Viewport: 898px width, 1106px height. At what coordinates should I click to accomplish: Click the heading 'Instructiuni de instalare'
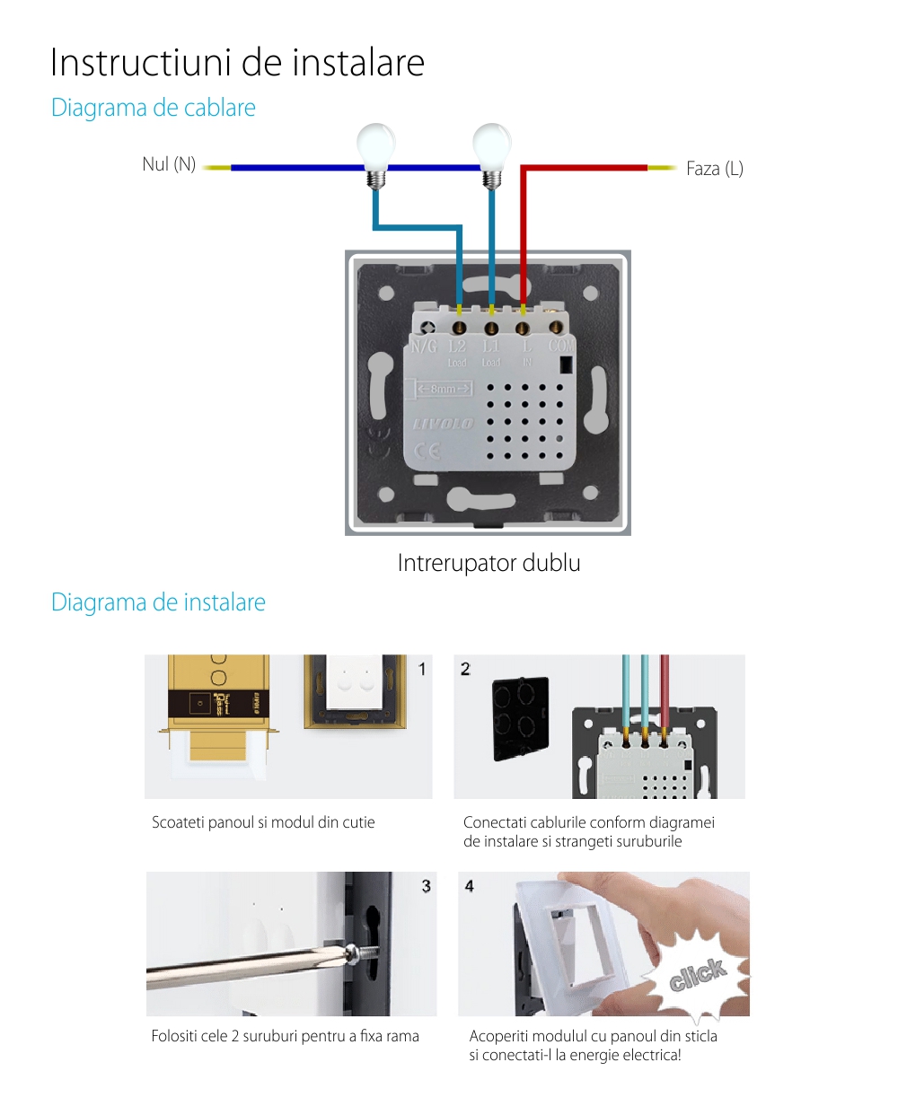[237, 63]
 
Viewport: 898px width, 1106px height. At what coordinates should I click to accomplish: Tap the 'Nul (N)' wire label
[169, 164]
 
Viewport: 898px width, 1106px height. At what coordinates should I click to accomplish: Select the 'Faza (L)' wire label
[715, 169]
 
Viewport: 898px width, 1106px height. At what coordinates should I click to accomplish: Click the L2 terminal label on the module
[457, 347]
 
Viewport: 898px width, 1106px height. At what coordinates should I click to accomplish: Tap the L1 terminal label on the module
[490, 347]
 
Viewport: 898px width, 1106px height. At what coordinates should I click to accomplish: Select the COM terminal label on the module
[561, 346]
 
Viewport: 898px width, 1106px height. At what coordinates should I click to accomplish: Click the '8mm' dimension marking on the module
[444, 389]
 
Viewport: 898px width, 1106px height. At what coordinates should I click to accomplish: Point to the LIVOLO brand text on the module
[444, 423]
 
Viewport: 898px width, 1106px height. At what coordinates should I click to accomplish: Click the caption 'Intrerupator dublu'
[489, 564]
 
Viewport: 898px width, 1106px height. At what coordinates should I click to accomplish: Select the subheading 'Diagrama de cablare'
[154, 108]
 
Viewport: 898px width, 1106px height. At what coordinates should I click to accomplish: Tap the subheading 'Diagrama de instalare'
[158, 602]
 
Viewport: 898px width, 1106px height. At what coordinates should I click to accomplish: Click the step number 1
[423, 669]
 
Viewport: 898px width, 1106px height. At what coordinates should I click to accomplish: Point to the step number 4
[469, 886]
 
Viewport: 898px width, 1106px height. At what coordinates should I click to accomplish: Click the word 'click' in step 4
[697, 975]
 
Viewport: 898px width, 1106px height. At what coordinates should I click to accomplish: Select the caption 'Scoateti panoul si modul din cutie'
[263, 822]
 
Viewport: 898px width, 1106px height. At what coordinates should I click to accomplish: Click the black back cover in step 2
[520, 719]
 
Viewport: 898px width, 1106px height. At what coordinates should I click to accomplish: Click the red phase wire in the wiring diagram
[584, 168]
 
